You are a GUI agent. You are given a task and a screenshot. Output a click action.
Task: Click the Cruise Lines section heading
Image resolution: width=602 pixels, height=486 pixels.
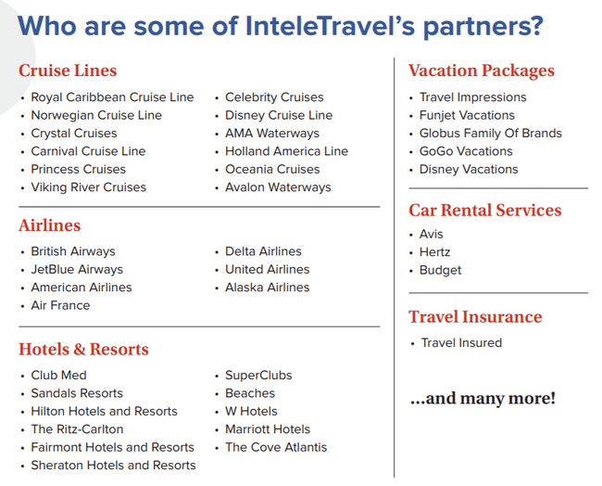click(68, 70)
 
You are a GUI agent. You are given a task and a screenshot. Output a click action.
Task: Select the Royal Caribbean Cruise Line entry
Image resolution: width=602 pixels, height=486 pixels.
click(112, 97)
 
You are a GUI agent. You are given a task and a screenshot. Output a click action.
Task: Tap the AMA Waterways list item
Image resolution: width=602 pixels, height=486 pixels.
click(272, 133)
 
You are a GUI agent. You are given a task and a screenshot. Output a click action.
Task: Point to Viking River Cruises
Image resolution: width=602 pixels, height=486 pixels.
click(89, 187)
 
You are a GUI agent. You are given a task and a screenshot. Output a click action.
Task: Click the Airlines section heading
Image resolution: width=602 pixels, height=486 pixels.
click(49, 225)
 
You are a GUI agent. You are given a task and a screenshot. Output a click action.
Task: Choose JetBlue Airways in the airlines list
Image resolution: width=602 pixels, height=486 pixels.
click(77, 270)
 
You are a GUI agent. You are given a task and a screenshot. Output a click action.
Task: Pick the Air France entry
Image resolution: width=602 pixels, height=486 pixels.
click(60, 305)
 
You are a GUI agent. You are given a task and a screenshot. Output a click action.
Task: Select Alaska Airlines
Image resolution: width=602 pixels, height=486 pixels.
click(268, 288)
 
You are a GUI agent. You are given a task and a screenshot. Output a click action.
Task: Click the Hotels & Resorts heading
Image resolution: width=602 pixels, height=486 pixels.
click(83, 349)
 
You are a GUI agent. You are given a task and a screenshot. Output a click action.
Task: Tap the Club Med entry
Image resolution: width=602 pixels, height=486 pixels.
click(58, 376)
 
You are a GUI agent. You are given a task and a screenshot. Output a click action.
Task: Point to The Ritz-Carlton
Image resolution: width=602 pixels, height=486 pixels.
click(77, 429)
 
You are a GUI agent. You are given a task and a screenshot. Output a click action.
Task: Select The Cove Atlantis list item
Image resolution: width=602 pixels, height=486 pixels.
click(276, 447)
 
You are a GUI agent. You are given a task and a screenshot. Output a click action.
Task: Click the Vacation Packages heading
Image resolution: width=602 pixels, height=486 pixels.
click(482, 70)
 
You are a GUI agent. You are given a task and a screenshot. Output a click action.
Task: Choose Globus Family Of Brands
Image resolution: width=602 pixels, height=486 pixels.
click(491, 133)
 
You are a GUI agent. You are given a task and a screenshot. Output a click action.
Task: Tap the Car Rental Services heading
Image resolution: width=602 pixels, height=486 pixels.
click(485, 211)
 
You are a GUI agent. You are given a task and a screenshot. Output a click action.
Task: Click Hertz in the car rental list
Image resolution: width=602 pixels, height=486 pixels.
click(434, 252)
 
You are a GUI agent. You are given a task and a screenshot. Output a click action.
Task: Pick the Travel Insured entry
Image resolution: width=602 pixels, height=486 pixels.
click(461, 342)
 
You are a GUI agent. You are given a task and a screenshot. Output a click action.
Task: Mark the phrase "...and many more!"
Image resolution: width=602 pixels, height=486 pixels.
click(483, 398)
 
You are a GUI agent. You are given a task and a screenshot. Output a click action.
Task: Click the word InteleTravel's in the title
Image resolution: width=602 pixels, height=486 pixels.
click(331, 26)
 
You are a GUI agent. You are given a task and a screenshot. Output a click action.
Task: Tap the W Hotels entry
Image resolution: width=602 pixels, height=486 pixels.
click(251, 411)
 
